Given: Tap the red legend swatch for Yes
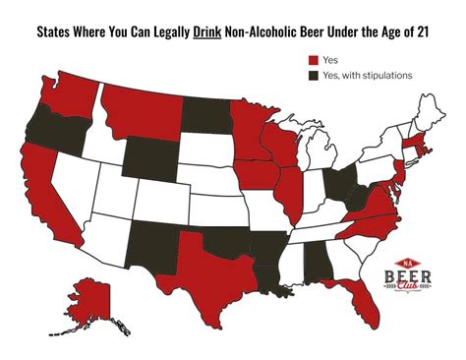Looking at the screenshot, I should pos(313,59).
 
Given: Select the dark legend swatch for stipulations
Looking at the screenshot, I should pos(313,75).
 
